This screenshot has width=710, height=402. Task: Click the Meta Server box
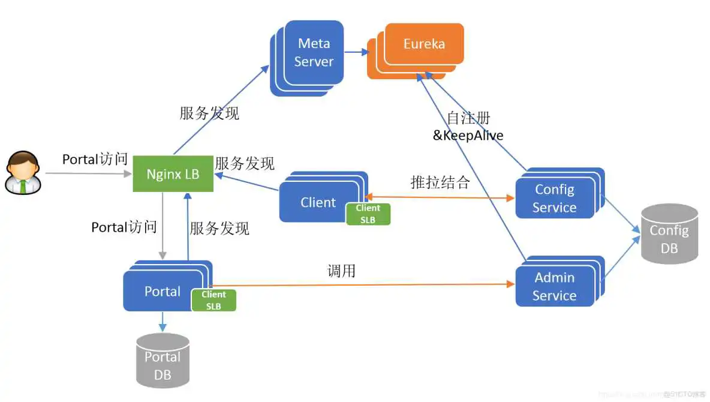pyautogui.click(x=314, y=52)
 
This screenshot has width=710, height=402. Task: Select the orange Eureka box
pyautogui.click(x=424, y=44)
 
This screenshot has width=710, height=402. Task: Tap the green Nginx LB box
pyautogui.click(x=173, y=174)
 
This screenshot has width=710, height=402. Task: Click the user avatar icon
pyautogui.click(x=23, y=173)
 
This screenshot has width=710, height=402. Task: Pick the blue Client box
pyautogui.click(x=318, y=202)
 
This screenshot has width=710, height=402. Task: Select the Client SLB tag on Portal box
pyautogui.click(x=213, y=300)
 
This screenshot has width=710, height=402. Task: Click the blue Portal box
pyautogui.click(x=162, y=292)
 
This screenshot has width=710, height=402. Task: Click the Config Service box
pyautogui.click(x=554, y=199)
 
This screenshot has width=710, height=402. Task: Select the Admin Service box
pyautogui.click(x=554, y=287)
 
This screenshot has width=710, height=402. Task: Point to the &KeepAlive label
pyautogui.click(x=468, y=136)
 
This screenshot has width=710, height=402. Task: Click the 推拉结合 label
pyautogui.click(x=440, y=182)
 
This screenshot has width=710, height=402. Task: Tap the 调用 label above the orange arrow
pyautogui.click(x=341, y=271)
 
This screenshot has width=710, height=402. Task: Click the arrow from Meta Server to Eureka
pyautogui.click(x=356, y=52)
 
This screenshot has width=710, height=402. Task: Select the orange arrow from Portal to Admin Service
pyautogui.click(x=360, y=285)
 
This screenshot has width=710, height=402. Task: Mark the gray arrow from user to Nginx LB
pyautogui.click(x=87, y=174)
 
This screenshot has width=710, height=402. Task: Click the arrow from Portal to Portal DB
pyautogui.click(x=162, y=322)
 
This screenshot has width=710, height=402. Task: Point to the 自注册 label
pyautogui.click(x=468, y=118)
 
